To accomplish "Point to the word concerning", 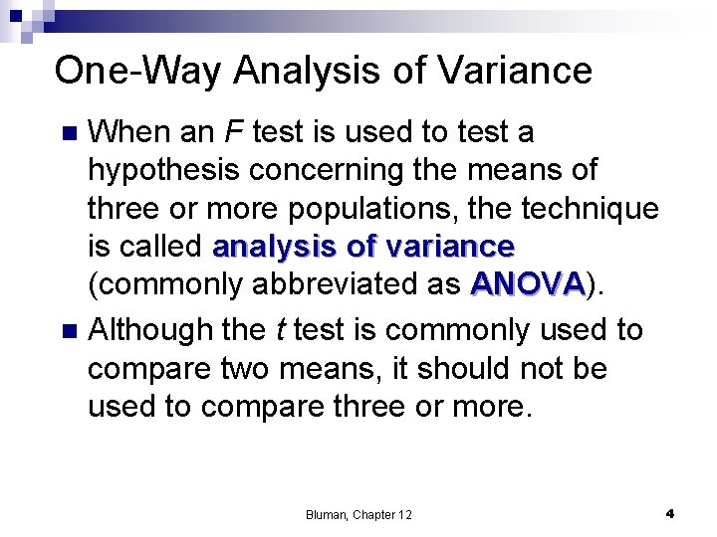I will tap(351, 170).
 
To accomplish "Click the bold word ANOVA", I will tap(528, 284).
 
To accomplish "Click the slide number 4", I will tap(669, 513).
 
